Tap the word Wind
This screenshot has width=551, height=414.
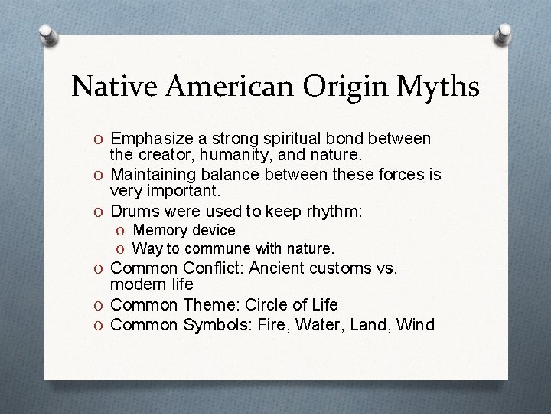(415, 324)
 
